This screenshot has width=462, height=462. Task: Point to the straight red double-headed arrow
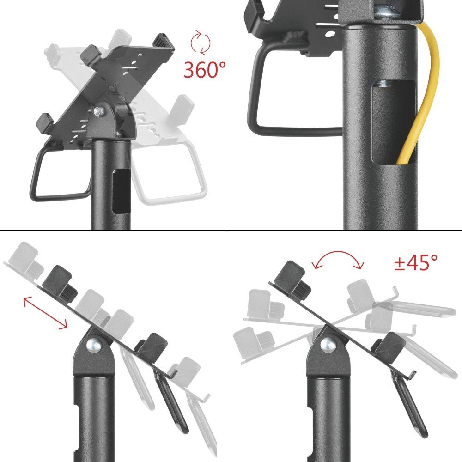[x=45, y=313]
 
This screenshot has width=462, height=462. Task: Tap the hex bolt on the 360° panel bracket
[x=98, y=112]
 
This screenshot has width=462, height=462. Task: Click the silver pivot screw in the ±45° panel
[x=328, y=344]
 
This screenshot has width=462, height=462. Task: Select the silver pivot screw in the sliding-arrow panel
[x=96, y=344]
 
